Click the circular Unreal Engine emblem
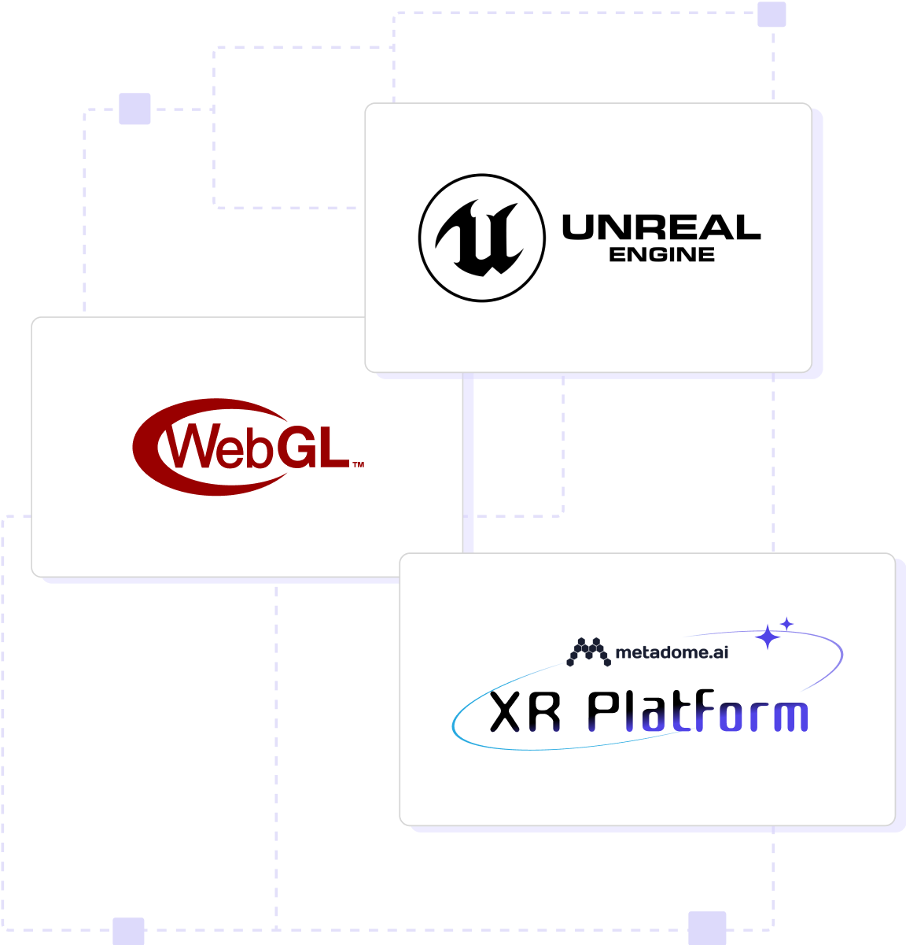pos(481,238)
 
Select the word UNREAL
pos(661,228)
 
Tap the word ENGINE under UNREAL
pos(661,255)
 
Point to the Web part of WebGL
pos(219,448)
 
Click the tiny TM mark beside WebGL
pos(358,464)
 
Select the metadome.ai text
pos(672,652)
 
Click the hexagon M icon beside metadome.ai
pos(588,652)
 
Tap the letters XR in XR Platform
pos(525,713)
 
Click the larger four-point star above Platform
pos(767,637)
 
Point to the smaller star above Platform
pos(786,623)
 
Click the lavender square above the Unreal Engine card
pos(772,14)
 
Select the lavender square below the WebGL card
pos(128,931)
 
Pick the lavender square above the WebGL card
pos(134,109)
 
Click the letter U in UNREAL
pos(580,228)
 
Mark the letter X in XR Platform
pos(506,713)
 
